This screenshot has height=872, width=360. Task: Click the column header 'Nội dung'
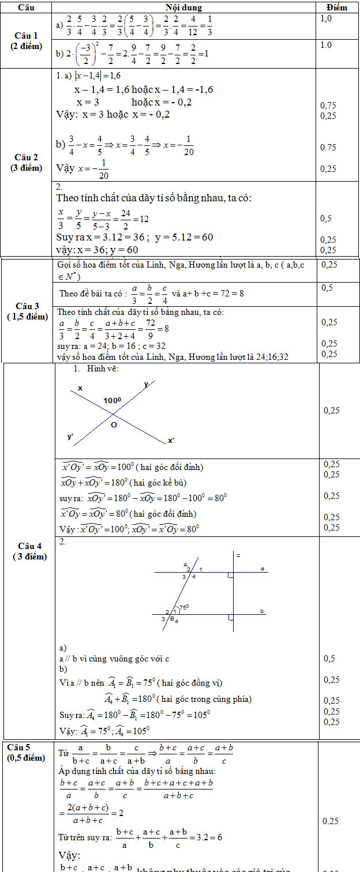[181, 7]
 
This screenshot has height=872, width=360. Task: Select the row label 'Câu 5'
[23, 747]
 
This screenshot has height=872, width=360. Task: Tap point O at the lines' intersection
[114, 424]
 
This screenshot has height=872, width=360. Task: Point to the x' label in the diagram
[171, 441]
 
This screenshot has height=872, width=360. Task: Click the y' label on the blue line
[70, 437]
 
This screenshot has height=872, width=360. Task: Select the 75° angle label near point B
[185, 607]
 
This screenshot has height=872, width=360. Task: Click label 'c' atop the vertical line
[238, 555]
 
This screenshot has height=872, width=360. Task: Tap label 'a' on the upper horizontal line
[262, 569]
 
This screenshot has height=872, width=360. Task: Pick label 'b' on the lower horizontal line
[262, 611]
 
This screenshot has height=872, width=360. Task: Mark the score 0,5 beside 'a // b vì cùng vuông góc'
[329, 659]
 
